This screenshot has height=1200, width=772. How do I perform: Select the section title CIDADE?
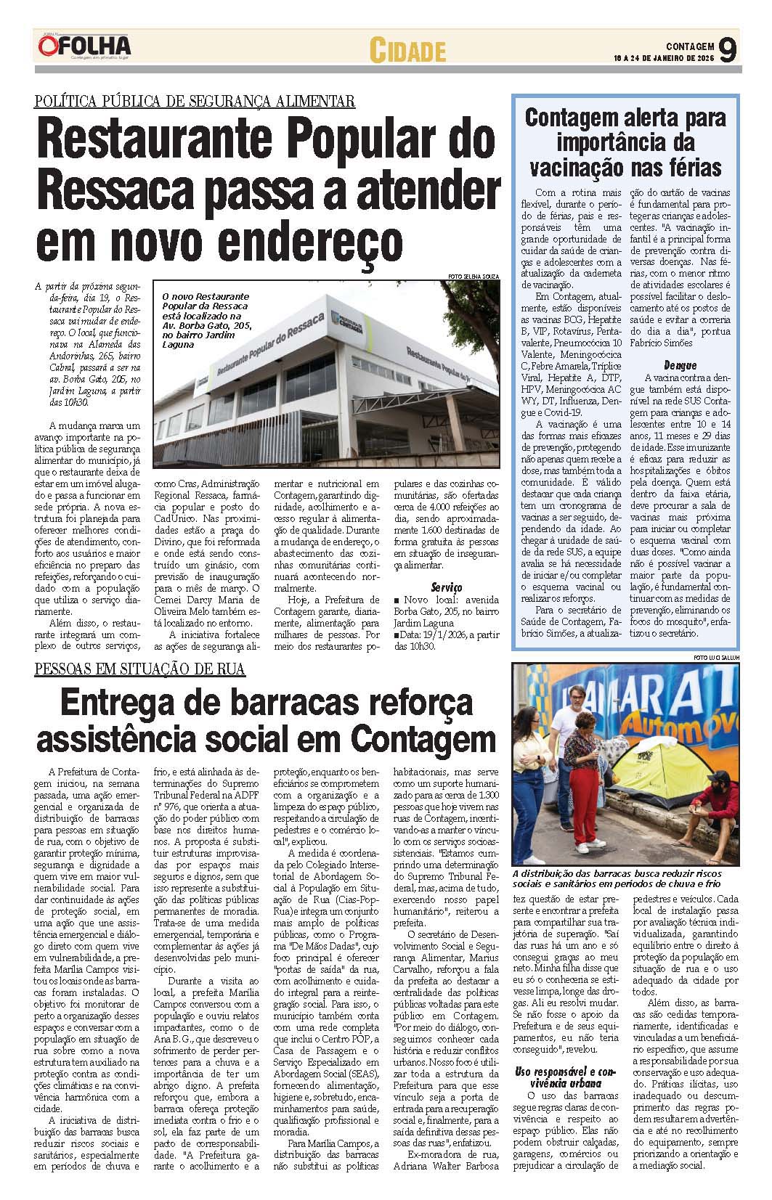[x=407, y=51]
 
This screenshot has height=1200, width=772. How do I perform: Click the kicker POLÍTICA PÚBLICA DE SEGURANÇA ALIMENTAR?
[x=195, y=101]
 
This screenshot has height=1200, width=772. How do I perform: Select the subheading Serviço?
[x=446, y=587]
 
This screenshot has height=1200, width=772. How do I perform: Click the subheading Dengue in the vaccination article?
[x=680, y=365]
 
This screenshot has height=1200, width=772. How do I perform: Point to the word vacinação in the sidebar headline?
[x=575, y=168]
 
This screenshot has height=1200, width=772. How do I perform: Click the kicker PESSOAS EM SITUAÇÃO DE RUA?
[x=140, y=669]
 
